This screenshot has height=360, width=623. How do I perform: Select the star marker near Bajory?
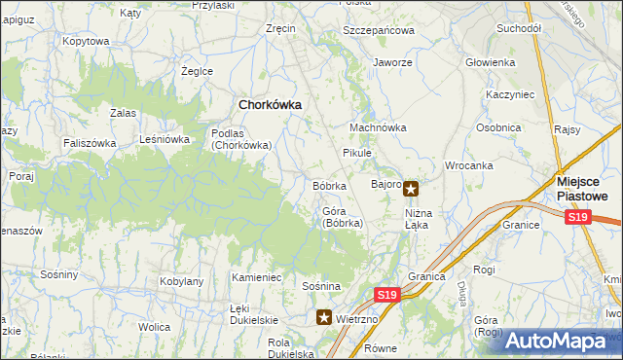[412, 189]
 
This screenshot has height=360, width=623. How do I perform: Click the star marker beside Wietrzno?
[324, 317]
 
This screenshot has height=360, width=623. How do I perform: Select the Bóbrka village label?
[329, 186]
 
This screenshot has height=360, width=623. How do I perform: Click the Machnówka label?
[379, 127]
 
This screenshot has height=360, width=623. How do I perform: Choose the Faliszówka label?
[92, 143]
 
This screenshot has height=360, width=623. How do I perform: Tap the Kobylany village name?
[181, 281]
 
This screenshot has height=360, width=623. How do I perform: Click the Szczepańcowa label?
[380, 30]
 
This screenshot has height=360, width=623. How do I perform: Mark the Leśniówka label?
[165, 139]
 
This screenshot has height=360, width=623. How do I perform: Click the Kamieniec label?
[256, 277]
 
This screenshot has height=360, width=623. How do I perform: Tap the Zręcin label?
[280, 29]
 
